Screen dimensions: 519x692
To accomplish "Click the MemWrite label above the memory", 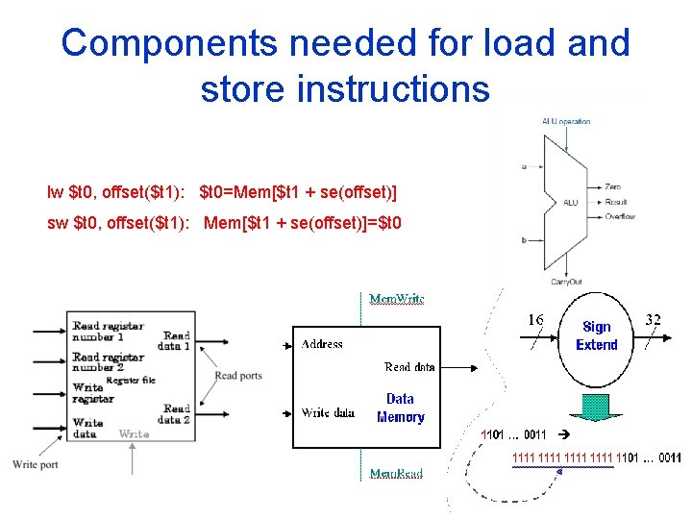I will point(397,299).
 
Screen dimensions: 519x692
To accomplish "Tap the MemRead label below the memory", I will point(396,474).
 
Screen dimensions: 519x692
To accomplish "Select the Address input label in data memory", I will point(322,344).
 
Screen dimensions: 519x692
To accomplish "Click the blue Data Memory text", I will point(401,408).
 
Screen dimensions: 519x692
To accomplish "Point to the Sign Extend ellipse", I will point(596,336).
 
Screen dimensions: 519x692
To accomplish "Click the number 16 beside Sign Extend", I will point(535,319).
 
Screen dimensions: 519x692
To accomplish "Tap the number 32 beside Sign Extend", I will point(652,319).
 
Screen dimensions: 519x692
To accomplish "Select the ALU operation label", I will point(566,122).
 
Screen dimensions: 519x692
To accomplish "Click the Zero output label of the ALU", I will point(613,186).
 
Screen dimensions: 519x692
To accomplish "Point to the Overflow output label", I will point(620,217).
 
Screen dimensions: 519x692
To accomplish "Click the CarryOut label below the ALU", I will point(566,282).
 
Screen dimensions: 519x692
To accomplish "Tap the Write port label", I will point(36,465).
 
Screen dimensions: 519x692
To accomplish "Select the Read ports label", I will point(238,376).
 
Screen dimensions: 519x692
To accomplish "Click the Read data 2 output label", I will point(176,414).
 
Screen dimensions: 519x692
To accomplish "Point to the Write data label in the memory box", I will point(328,413).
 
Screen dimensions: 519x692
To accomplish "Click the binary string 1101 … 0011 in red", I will point(513,435).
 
